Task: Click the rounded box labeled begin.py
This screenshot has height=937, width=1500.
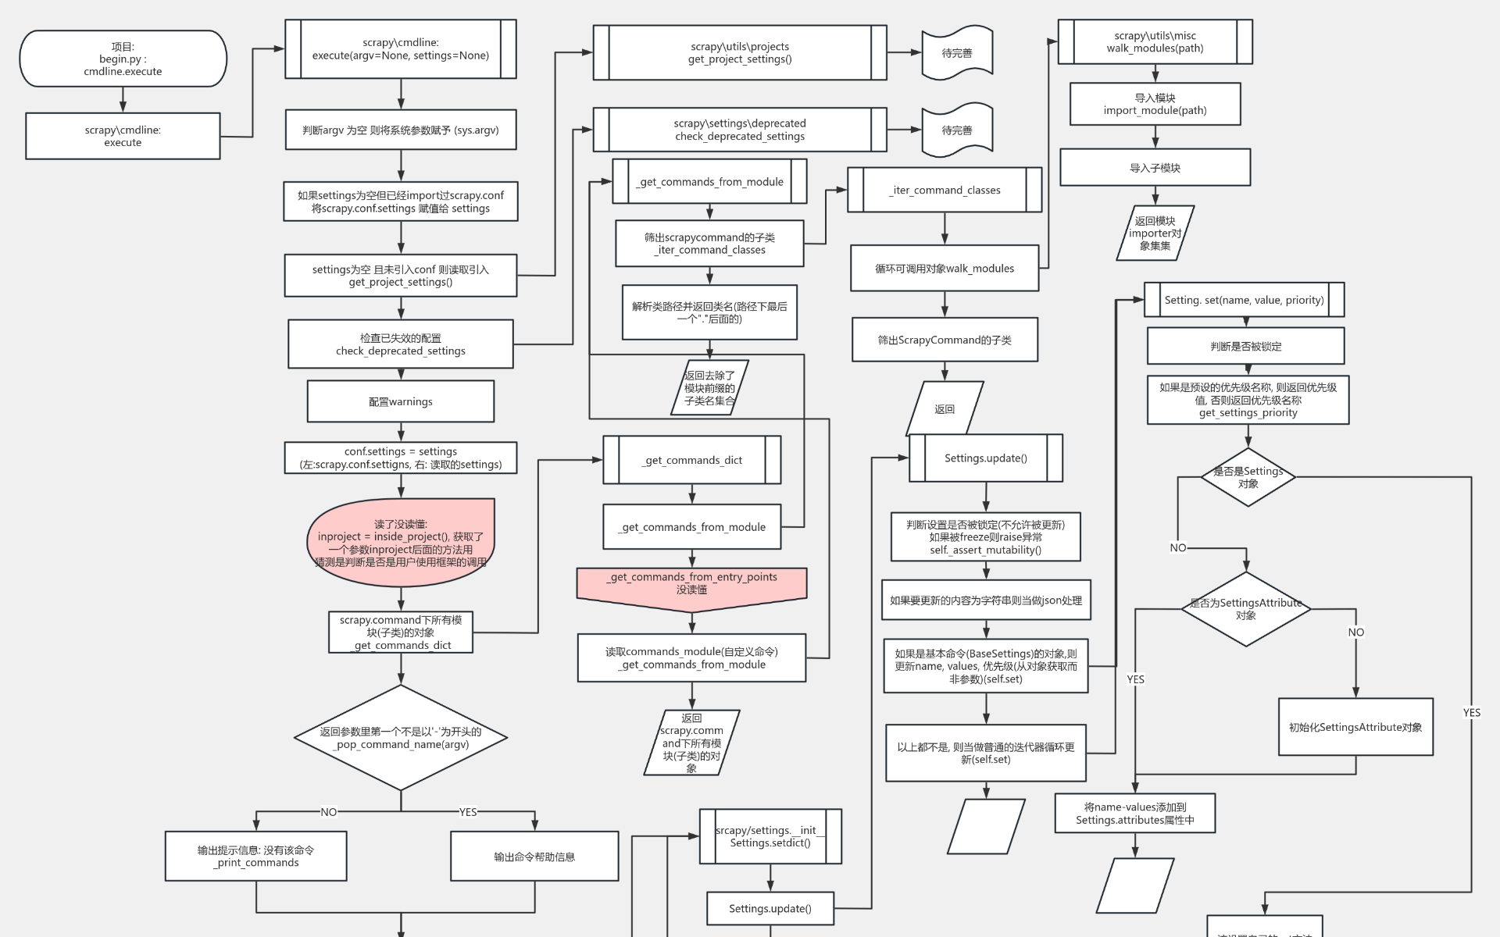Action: coord(123,59)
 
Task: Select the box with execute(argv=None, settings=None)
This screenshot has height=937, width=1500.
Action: coord(401,49)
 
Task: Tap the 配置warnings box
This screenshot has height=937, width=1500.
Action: coord(401,401)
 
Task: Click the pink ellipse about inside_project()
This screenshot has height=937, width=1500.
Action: coord(401,543)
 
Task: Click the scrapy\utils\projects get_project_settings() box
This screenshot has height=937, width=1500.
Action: coord(740,52)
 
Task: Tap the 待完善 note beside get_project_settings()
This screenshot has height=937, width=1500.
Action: coord(957,53)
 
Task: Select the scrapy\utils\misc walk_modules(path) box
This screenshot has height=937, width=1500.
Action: coord(1155,42)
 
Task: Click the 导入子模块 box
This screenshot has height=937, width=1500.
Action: coord(1155,168)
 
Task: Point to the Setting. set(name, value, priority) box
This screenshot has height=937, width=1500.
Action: coord(1245,300)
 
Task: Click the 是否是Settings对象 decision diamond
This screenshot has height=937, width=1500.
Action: coord(1248,477)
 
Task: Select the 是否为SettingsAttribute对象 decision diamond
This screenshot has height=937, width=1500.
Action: coord(1246,609)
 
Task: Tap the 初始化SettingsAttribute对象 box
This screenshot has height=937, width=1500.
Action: coord(1355,727)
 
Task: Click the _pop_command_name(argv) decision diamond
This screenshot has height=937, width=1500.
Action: coord(401,738)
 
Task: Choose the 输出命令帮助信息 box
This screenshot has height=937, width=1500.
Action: coord(534,857)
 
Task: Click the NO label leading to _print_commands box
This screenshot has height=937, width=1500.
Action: coord(329,812)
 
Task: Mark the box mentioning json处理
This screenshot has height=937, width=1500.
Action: coord(986,600)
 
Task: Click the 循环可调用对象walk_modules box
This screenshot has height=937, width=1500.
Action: coord(945,269)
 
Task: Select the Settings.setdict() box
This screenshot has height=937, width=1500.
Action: coord(770,836)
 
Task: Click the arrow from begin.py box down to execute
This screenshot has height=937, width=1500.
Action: coord(123,100)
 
